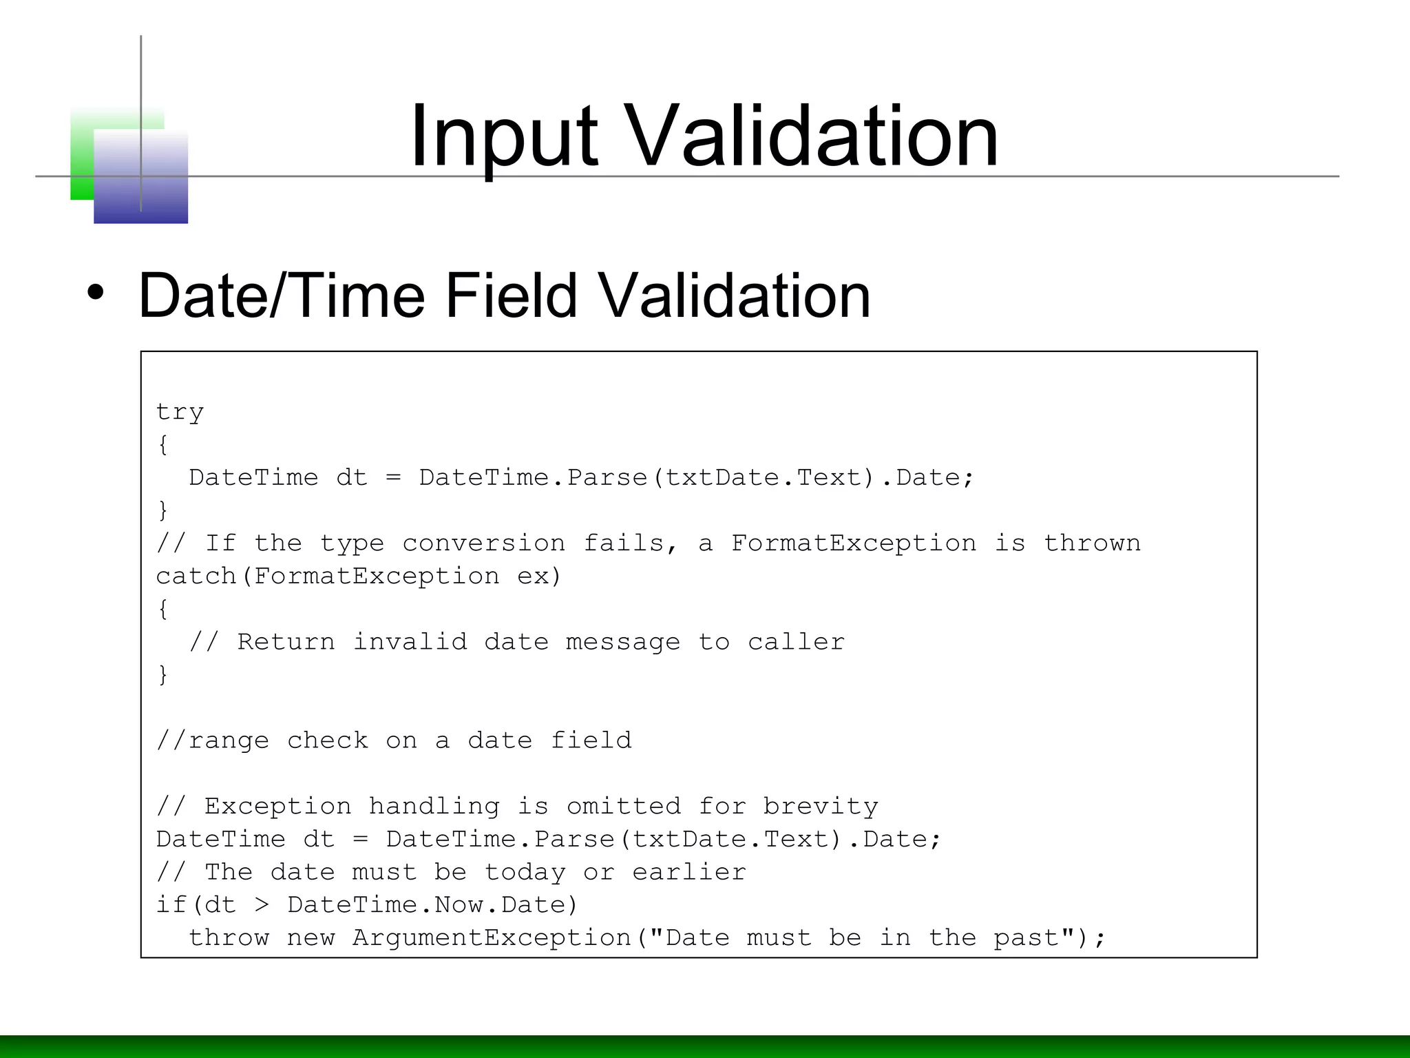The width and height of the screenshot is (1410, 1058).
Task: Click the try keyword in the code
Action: [180, 413]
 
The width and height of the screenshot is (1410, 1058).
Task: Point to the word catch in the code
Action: [196, 576]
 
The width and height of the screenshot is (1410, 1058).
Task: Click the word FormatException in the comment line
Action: [853, 543]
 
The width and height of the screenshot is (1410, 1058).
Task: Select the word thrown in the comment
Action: [1092, 543]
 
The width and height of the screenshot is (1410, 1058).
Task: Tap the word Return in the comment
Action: [286, 642]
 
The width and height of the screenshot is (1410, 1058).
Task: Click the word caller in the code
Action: [796, 642]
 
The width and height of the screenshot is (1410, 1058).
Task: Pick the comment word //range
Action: [213, 740]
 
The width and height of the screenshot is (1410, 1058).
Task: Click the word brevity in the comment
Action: [820, 807]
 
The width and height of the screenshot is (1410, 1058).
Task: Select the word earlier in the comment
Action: [689, 872]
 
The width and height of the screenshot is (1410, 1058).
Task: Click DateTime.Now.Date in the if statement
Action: [432, 905]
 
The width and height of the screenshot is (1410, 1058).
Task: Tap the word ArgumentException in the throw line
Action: [492, 938]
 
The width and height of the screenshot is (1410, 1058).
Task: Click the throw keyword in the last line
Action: [229, 938]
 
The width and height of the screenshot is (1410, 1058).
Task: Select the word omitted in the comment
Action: [623, 807]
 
